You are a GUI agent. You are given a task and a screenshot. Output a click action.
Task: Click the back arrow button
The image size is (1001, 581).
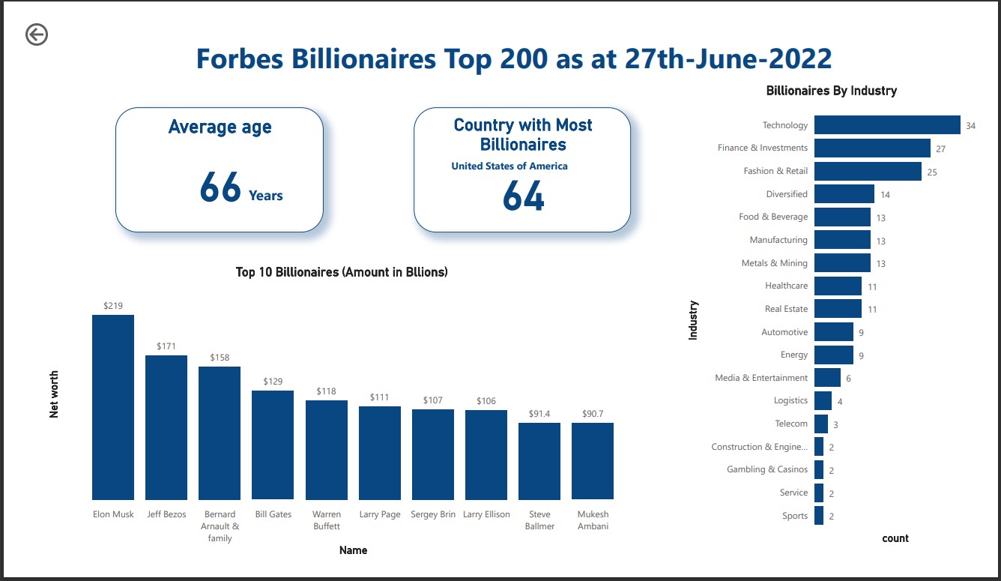tap(36, 34)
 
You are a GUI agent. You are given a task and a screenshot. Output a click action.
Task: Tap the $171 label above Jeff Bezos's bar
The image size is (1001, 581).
tap(166, 346)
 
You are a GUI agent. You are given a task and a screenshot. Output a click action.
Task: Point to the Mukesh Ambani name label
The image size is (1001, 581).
tap(593, 520)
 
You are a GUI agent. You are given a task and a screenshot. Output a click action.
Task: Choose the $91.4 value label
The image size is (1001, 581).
tap(539, 414)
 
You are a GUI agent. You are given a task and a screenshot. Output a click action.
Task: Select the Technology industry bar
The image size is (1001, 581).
tap(887, 125)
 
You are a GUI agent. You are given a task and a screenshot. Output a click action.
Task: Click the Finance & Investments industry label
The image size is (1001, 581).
tap(762, 148)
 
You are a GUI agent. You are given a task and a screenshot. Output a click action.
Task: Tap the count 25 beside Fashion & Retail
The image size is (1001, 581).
tap(932, 172)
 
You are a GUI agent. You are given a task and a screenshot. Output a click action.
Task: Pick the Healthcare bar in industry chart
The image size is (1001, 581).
tap(838, 286)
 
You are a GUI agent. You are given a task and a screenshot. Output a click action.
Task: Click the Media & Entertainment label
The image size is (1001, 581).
tap(761, 378)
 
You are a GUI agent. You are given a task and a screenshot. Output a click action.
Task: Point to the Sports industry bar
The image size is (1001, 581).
tap(819, 516)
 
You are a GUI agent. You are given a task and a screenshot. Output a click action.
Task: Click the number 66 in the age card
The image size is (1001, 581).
tap(220, 187)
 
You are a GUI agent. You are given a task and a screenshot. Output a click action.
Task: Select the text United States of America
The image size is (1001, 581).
tap(509, 166)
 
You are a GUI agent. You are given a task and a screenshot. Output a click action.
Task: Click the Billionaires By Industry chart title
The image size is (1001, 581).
tap(831, 91)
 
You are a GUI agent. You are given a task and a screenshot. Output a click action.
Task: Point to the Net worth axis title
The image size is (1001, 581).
tap(54, 394)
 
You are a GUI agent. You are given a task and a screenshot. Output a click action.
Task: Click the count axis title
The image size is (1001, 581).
tap(895, 538)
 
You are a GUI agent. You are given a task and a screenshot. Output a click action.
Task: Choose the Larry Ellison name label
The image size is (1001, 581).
tap(486, 514)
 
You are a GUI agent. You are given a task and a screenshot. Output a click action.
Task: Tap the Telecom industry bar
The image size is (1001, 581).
tap(821, 424)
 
